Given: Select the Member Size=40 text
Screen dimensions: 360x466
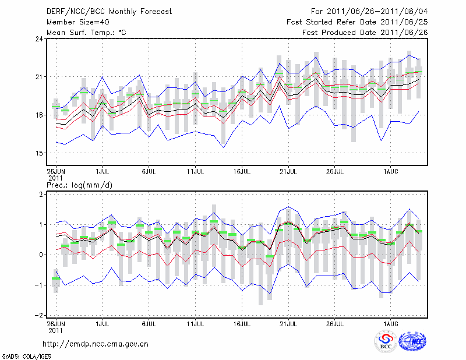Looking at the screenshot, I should pos(73,22).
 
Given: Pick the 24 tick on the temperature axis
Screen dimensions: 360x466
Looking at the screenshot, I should pos(39,39).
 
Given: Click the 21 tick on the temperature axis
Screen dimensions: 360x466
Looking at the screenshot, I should pos(39,77).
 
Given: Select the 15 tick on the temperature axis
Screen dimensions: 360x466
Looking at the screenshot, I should pos(39,153).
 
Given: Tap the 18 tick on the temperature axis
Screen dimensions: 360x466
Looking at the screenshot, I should pos(39,115).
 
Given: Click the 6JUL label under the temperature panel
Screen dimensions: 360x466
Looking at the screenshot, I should pos(149,171).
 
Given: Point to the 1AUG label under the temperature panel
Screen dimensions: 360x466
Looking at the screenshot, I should pos(391,171).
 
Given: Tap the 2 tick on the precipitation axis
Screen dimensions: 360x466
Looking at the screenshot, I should pos(40,194).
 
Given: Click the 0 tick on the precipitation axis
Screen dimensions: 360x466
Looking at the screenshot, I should pos(40,255).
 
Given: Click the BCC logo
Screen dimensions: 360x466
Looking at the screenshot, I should pos(386,342).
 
